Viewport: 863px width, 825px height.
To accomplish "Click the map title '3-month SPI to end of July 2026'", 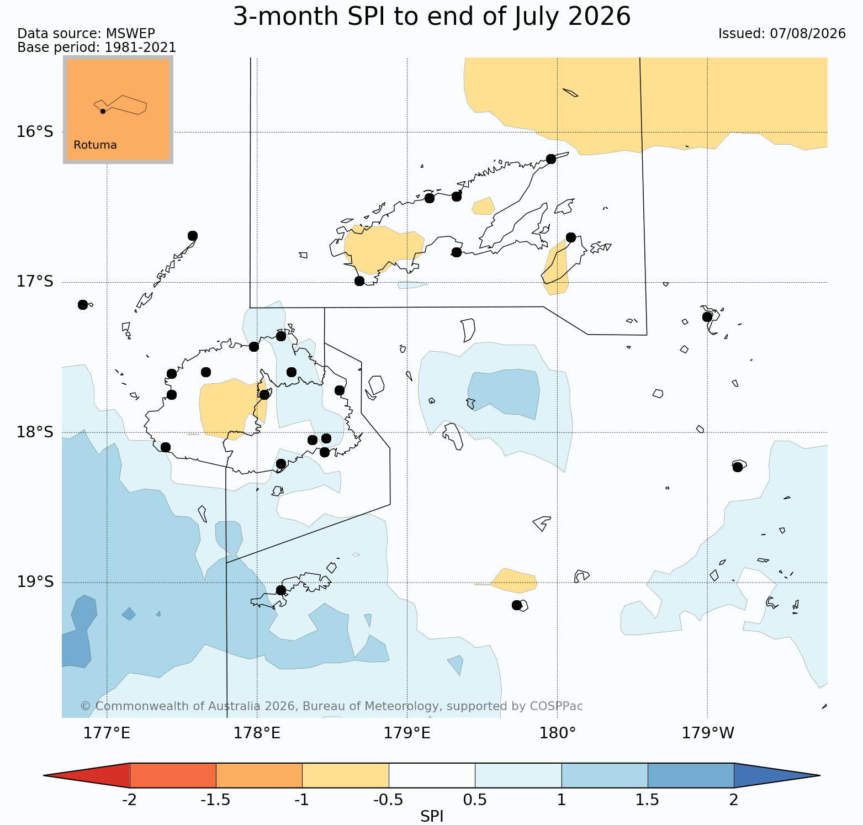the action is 432,17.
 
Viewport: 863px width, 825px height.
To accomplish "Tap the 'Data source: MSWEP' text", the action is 86,34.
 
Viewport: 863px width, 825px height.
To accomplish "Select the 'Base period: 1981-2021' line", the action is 97,47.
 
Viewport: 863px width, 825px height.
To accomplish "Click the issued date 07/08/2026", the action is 808,34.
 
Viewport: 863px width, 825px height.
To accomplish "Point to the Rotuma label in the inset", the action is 95,145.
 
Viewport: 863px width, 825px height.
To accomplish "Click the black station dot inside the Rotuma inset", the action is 103,111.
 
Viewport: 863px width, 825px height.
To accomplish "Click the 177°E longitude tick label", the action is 107,733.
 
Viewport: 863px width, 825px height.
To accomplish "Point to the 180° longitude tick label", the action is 557,733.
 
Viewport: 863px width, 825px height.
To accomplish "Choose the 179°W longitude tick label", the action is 708,733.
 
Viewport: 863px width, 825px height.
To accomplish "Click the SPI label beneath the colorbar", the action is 432,816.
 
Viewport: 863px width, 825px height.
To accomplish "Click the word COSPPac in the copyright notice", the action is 556,706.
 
